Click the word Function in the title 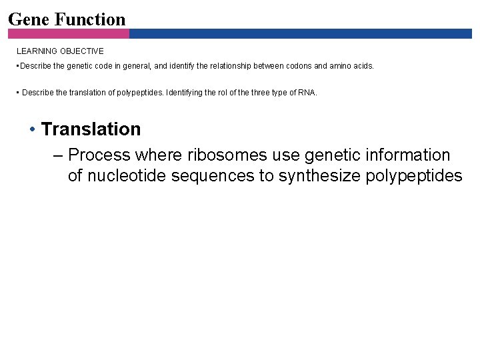(x=90, y=19)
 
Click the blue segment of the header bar (x=300, y=33)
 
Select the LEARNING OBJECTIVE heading (x=60, y=51)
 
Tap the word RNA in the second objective (x=308, y=93)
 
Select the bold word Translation (x=91, y=129)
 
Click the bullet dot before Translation (x=32, y=129)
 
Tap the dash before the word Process (x=58, y=155)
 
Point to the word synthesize (x=320, y=176)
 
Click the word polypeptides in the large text (x=415, y=176)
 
